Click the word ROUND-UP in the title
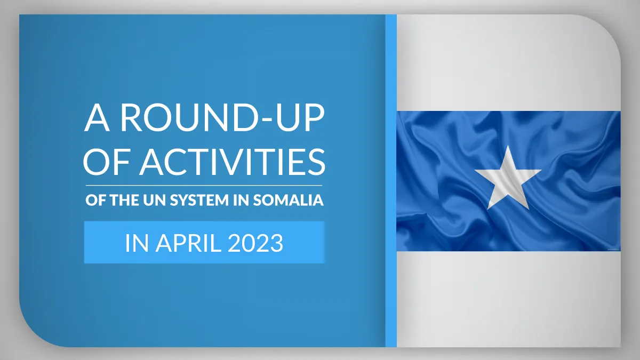(x=222, y=118)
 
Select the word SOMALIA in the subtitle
(x=289, y=200)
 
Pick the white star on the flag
(x=508, y=178)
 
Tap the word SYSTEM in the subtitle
(x=199, y=200)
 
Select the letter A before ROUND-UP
(x=97, y=118)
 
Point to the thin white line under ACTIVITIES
(x=204, y=186)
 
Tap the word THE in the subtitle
(x=125, y=200)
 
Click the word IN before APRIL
(x=137, y=243)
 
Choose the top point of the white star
(x=508, y=146)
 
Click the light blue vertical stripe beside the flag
(x=391, y=181)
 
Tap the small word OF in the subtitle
(x=97, y=200)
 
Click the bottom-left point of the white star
(x=487, y=209)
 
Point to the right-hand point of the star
(x=541, y=170)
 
